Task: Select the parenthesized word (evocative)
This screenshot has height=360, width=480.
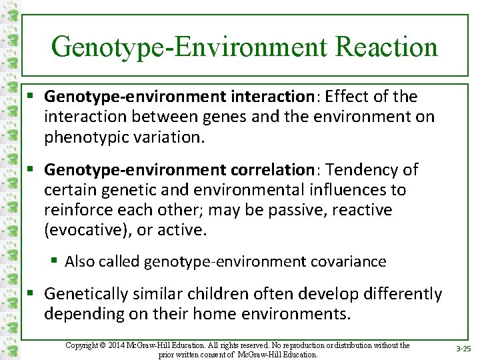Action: pyautogui.click(x=85, y=231)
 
